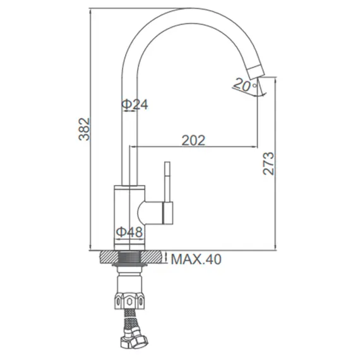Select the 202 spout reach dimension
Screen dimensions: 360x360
point(193,141)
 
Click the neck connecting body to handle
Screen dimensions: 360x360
point(150,212)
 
